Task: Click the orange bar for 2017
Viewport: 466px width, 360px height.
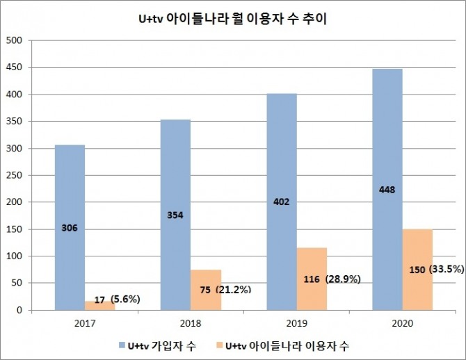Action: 99,305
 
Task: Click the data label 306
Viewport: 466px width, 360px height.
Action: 70,227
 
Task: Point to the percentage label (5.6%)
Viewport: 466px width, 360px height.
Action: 125,300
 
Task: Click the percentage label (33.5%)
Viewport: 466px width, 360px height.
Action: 447,269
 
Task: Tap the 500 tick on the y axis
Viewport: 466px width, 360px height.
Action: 15,41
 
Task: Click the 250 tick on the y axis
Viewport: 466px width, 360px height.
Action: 15,176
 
